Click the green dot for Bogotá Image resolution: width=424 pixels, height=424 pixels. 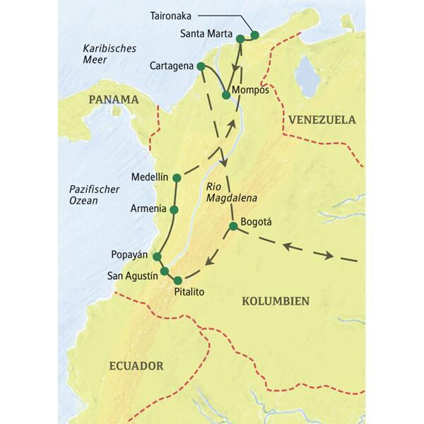tap(232, 226)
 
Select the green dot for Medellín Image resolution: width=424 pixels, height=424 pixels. tap(175, 177)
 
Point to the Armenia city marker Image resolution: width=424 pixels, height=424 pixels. tap(175, 209)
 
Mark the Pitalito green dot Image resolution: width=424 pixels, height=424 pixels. tap(177, 280)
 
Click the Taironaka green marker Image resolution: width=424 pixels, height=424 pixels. tap(255, 34)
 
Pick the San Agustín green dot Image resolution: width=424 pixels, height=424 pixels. tap(164, 271)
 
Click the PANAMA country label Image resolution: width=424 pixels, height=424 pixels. tap(112, 100)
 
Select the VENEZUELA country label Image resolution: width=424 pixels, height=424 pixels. tap(322, 120)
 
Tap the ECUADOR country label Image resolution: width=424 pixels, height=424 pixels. tap(136, 365)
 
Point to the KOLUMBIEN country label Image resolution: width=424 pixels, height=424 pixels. tap(276, 300)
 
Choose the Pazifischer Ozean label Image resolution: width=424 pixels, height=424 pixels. tap(95, 196)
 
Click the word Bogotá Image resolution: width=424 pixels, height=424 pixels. tap(257, 221)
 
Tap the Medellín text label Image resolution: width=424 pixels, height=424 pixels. tap(148, 177)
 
